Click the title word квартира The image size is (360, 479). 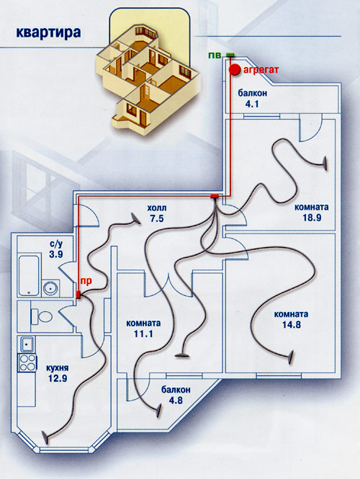48,32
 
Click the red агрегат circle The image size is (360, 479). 235,70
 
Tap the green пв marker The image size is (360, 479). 230,55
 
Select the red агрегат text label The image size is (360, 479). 261,70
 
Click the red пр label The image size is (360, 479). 86,281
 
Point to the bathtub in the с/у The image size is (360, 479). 29,275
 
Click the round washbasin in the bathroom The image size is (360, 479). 50,288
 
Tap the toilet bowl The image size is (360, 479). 42,316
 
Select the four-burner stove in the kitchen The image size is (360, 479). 27,362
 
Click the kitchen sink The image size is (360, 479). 27,344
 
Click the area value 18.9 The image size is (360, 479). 312,218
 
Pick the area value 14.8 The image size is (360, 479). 292,324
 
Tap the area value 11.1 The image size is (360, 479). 143,334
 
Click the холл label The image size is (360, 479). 157,208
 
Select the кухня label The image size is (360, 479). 58,368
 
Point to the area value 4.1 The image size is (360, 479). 252,104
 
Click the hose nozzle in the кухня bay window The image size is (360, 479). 45,438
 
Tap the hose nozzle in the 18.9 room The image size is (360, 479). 325,164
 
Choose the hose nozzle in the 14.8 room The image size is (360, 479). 292,357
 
